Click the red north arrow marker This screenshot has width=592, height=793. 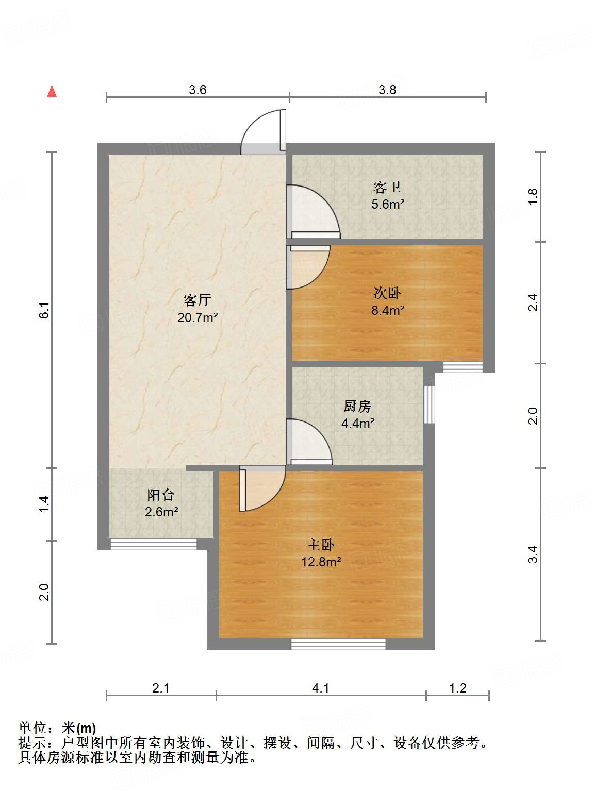click(x=52, y=91)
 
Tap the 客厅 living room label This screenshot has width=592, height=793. click(x=198, y=300)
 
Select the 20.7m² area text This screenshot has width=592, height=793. click(x=198, y=317)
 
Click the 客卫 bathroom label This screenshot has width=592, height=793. click(x=387, y=187)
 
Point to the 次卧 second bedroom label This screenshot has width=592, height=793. click(x=387, y=293)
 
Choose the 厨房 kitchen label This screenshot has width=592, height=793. click(x=357, y=406)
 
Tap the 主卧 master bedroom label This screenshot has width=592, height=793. click(x=321, y=545)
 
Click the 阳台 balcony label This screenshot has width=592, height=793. click(x=161, y=495)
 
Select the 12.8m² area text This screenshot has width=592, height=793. click(x=321, y=562)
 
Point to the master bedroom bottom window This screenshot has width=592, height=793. click(x=338, y=644)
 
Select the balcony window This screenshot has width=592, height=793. click(x=154, y=544)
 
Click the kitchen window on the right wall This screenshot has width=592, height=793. click(x=429, y=404)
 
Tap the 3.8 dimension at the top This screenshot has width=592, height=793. click(x=387, y=90)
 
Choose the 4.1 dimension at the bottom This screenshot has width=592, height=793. click(x=321, y=688)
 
